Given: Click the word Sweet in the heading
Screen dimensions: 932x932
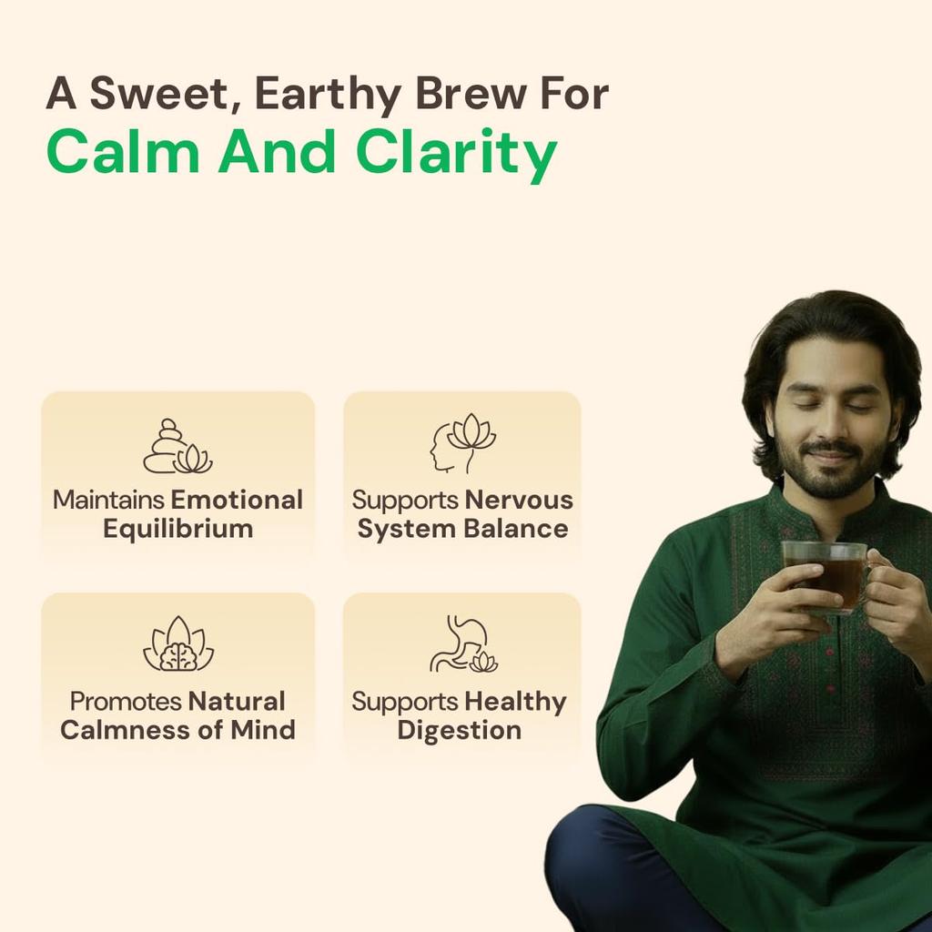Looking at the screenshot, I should tap(159, 95).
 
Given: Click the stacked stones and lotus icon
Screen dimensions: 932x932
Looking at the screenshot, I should tap(177, 447).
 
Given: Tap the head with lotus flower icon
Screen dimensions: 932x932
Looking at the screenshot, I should tap(462, 443).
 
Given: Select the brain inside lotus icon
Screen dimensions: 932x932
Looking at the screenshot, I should tap(177, 645).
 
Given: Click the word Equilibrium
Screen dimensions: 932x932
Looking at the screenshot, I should tap(177, 529).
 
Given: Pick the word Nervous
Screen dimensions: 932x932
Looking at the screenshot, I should tap(519, 500).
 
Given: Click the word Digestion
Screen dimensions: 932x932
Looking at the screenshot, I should tap(459, 730).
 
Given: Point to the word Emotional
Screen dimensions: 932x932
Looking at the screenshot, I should tap(237, 500).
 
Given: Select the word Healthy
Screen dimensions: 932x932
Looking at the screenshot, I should tap(514, 702).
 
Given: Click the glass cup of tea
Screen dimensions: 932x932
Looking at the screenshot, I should tap(825, 575).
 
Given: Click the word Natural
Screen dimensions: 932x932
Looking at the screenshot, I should tap(237, 702).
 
